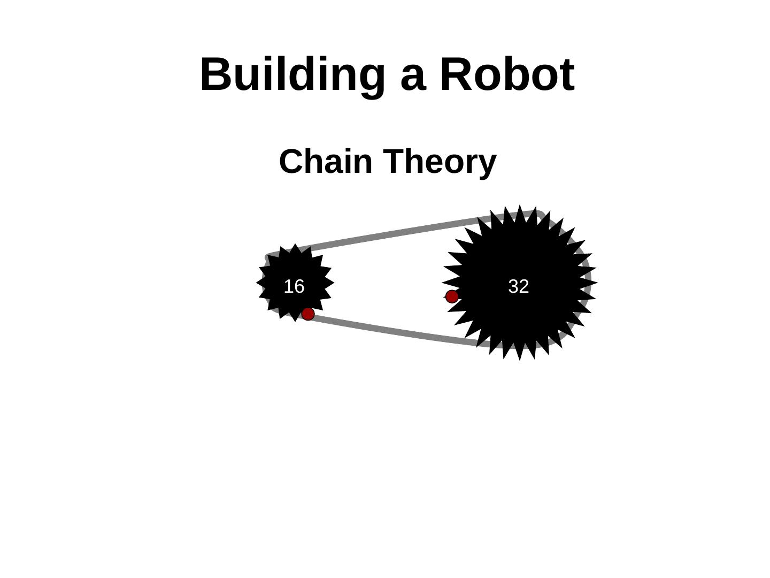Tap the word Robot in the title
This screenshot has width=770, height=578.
tap(507, 74)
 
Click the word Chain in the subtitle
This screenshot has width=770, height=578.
tap(325, 162)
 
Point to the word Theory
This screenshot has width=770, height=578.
tap(440, 162)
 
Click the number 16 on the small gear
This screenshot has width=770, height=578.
tap(294, 286)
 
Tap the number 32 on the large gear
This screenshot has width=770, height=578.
tap(518, 286)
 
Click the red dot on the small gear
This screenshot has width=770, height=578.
tap(308, 314)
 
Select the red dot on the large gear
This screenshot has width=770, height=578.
tap(452, 296)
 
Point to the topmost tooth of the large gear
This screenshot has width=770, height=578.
tap(519, 209)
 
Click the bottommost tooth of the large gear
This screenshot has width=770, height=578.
tap(519, 356)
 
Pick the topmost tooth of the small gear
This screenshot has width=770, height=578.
tap(295, 247)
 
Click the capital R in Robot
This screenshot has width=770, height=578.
tap(456, 74)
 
